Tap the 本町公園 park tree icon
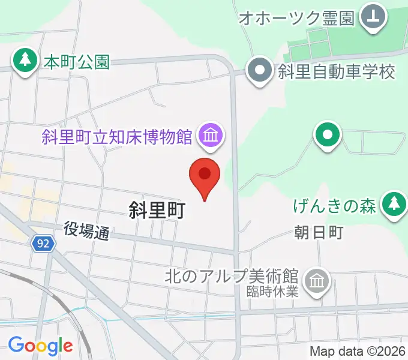(x=25, y=61)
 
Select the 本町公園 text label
(x=77, y=61)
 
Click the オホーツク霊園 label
(x=296, y=17)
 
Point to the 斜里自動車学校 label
(x=337, y=71)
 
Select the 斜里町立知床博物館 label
(x=116, y=136)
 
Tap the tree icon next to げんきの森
(x=394, y=204)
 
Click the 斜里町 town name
(x=157, y=210)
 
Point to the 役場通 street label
(x=86, y=230)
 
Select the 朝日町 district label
(x=319, y=232)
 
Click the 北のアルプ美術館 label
(x=232, y=277)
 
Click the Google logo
(x=40, y=345)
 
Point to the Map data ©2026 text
(x=358, y=351)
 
